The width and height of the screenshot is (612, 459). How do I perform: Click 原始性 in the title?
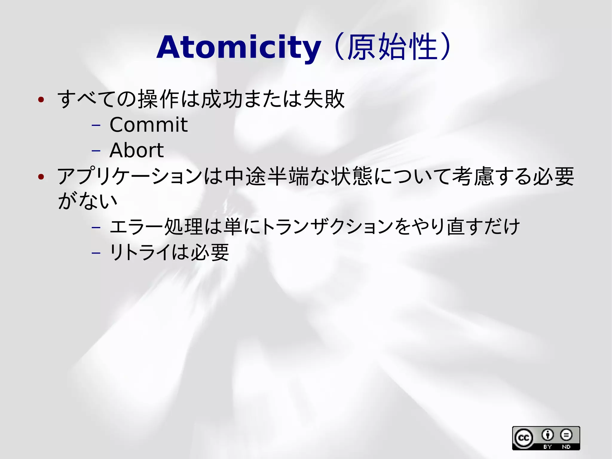(392, 47)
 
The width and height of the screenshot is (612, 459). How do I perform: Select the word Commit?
(149, 125)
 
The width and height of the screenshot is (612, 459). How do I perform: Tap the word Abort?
(137, 150)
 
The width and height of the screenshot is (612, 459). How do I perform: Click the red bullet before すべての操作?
(41, 100)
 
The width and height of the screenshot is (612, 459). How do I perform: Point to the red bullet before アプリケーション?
(41, 177)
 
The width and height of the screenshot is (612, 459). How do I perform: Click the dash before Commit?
(96, 125)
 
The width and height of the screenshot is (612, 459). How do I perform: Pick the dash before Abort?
(96, 151)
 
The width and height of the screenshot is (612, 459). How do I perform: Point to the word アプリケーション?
(130, 176)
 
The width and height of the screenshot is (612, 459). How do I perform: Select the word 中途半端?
(267, 176)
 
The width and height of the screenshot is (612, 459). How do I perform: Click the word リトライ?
(140, 252)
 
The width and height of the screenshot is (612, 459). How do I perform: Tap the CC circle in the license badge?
(524, 438)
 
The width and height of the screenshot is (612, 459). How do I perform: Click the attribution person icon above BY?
(548, 435)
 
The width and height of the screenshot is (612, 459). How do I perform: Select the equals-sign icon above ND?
(566, 435)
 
